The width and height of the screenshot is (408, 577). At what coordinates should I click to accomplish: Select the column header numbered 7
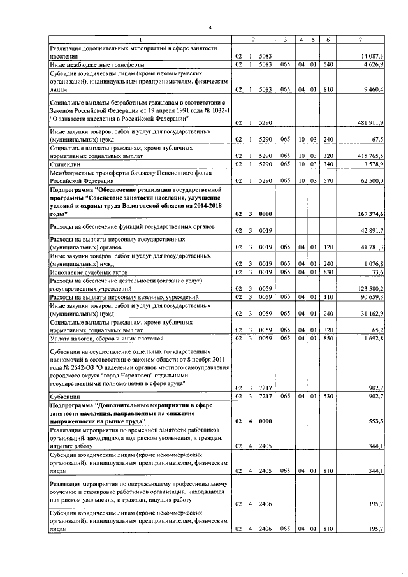coord(361,40)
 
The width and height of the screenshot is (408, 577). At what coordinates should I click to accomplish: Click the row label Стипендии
coord(65,164)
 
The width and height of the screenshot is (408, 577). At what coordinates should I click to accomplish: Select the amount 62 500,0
coord(370,181)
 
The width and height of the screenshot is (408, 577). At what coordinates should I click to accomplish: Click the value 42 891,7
coord(370,230)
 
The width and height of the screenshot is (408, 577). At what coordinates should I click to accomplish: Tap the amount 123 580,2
coord(368,289)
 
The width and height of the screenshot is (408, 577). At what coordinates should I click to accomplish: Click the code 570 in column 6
coord(328,181)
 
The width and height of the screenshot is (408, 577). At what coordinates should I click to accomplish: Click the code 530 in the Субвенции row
coord(328,397)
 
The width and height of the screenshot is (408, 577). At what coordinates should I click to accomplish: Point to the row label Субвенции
coord(66,397)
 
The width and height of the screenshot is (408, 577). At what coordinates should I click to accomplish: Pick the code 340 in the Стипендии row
coord(328,164)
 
